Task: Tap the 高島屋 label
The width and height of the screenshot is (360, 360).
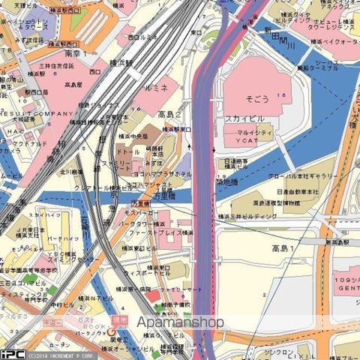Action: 73,85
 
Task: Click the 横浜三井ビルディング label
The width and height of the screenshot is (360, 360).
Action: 247,216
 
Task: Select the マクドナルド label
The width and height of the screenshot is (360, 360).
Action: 30,143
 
